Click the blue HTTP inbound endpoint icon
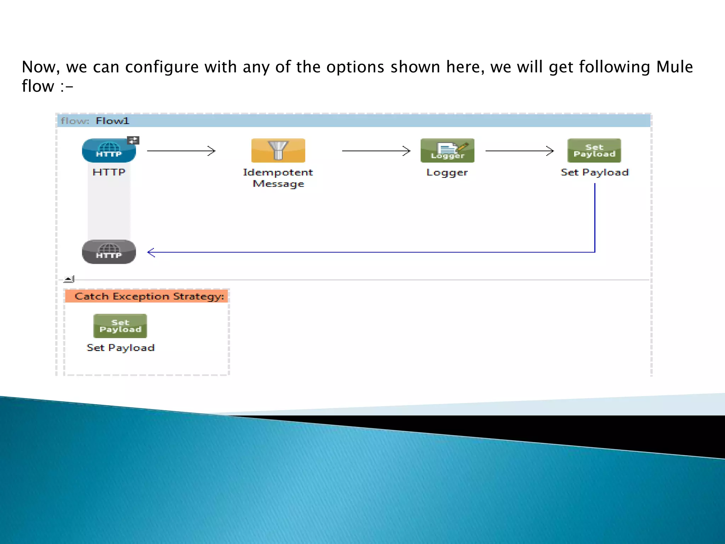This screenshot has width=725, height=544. (x=109, y=151)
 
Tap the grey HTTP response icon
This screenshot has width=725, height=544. (x=109, y=252)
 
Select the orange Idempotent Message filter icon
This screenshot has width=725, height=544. (x=278, y=151)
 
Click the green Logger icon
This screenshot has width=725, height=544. (x=447, y=151)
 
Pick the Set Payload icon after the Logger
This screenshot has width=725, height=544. (x=594, y=151)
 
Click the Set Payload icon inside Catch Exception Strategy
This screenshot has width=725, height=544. (x=120, y=326)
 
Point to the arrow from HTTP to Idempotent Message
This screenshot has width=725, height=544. (x=181, y=151)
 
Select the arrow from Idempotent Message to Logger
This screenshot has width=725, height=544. (x=376, y=151)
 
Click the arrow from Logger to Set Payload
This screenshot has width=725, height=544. (x=519, y=151)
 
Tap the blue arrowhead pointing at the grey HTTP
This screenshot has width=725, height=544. (x=151, y=252)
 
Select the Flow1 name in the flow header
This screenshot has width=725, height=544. (x=112, y=121)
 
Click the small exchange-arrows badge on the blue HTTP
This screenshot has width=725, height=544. (x=133, y=141)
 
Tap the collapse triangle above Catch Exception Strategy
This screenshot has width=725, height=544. (x=69, y=279)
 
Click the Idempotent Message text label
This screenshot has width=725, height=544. (x=278, y=178)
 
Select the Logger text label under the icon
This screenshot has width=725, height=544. (x=447, y=172)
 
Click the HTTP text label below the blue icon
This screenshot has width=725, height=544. (x=109, y=172)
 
